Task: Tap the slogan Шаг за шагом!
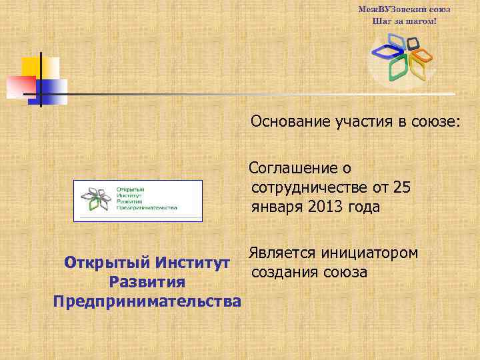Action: (x=404, y=21)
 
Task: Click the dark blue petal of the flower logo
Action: (x=385, y=49)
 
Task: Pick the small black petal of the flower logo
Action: (x=413, y=43)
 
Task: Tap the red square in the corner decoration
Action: (x=20, y=87)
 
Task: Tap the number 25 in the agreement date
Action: (x=401, y=187)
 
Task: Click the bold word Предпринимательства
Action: (x=147, y=301)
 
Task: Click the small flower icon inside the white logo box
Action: (x=94, y=198)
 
